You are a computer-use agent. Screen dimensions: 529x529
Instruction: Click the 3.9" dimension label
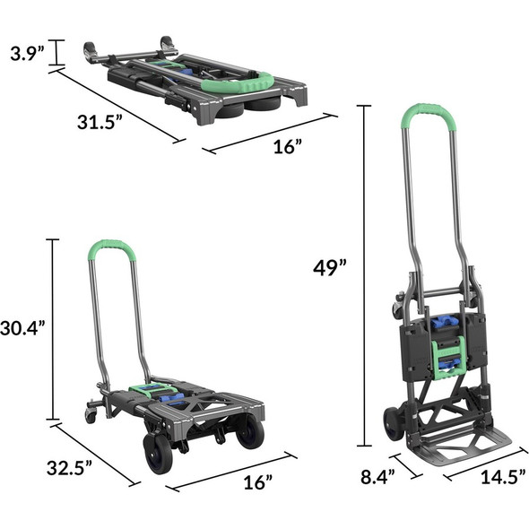point(22,53)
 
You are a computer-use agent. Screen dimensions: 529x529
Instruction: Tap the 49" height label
point(330,267)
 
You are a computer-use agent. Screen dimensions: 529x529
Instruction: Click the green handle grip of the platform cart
point(111,247)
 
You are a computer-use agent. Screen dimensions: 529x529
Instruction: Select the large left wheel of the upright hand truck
point(391,424)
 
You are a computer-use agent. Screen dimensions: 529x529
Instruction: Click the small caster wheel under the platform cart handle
point(91,414)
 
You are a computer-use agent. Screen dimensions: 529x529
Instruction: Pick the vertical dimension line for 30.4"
point(53,329)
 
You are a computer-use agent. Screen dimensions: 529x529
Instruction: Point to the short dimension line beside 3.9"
point(57,53)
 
